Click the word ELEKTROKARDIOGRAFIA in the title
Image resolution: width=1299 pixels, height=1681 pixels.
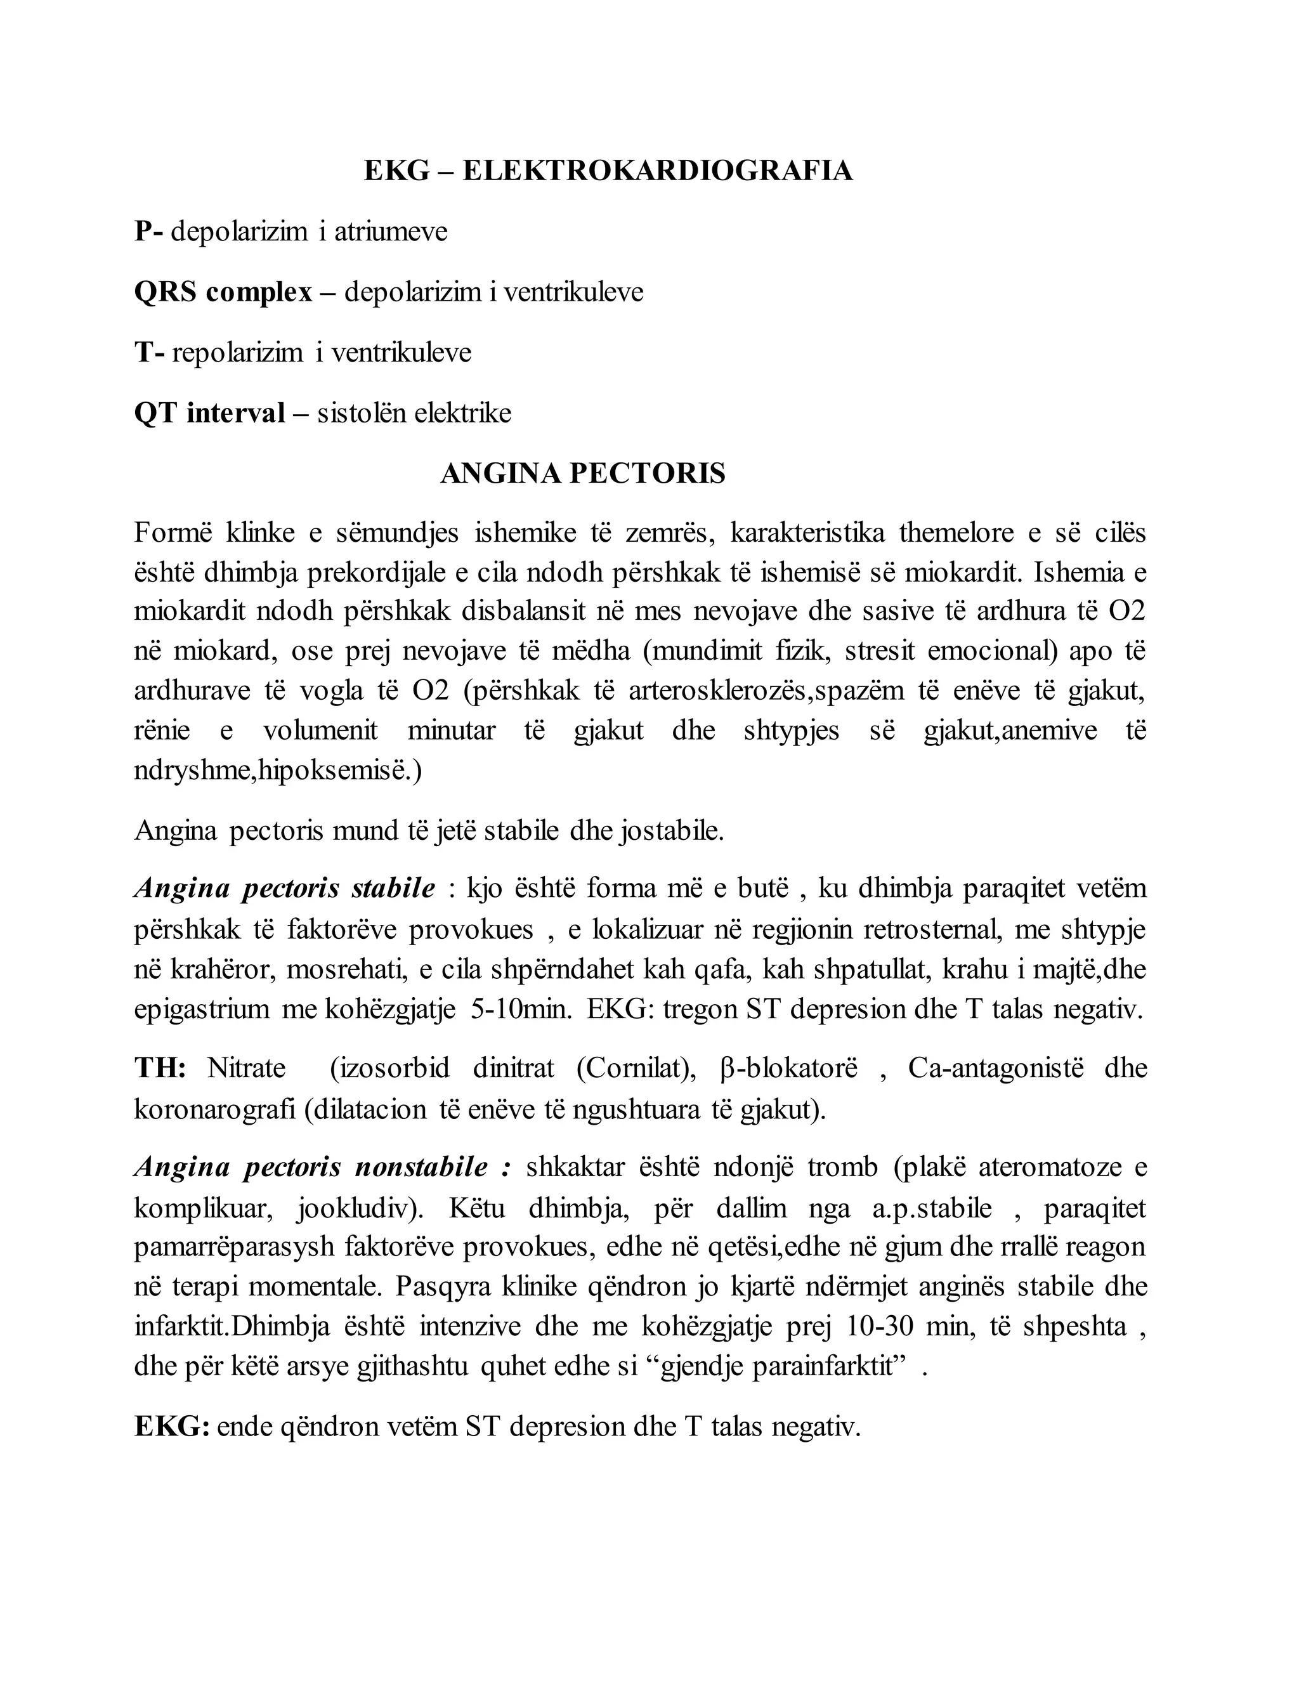(657, 170)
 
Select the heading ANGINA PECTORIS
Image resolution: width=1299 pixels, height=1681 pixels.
(582, 473)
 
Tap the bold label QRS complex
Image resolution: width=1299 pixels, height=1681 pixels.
(223, 292)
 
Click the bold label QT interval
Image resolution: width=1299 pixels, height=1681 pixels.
(209, 414)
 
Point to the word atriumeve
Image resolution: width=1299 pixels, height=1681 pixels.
(390, 231)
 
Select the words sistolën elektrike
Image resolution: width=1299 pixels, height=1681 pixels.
(414, 414)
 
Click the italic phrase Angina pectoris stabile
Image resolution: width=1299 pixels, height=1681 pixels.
(285, 889)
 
